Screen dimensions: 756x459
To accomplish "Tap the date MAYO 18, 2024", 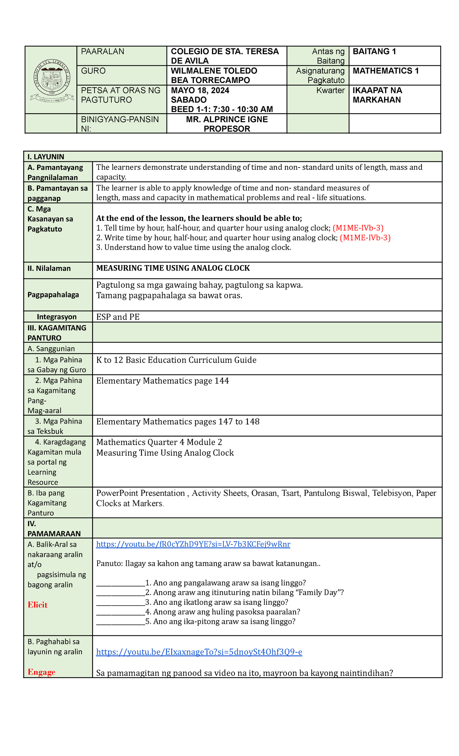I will (200, 91).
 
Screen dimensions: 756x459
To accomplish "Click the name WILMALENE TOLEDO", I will (214, 71).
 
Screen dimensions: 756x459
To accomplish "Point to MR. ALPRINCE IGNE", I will (227, 120).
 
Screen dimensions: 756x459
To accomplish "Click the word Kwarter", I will (330, 91).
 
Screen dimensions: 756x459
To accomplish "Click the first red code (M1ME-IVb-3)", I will (358, 228).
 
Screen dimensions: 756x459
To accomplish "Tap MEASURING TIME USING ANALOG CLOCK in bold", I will (173, 268).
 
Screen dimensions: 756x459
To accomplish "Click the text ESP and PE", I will (118, 317).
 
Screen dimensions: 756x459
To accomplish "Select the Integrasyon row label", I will (57, 317).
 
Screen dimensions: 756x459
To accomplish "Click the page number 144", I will (221, 381).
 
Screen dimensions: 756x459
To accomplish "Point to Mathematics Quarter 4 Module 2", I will (159, 442).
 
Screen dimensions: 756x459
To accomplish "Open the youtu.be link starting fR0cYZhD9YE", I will (193, 544).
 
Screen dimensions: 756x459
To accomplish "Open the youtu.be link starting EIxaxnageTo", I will (199, 652).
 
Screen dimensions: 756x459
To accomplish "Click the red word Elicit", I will (37, 605).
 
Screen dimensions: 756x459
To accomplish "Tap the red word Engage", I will (41, 672).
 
